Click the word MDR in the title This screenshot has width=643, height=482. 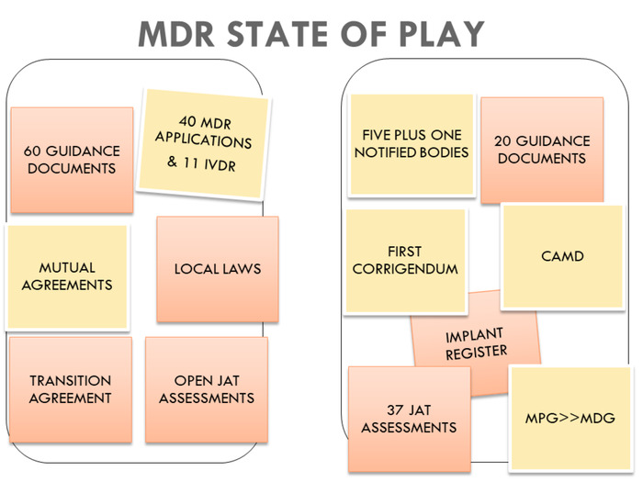click(176, 34)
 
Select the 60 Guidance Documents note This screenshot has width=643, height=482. click(72, 160)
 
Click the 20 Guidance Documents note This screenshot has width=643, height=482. click(542, 150)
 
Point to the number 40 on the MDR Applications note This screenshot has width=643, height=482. click(187, 120)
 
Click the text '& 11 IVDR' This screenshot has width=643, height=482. click(201, 163)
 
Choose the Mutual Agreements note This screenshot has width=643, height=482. click(67, 277)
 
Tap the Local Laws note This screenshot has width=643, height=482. click(218, 269)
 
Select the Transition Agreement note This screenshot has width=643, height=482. click(71, 389)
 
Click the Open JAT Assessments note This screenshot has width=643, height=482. click(207, 389)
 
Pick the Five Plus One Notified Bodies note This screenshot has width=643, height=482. click(412, 144)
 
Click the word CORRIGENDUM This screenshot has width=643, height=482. click(405, 269)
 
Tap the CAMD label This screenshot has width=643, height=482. click(562, 256)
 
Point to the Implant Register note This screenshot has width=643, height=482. click(476, 343)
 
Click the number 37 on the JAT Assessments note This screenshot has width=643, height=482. click(396, 409)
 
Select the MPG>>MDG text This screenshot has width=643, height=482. click(570, 418)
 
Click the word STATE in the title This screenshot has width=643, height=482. click(277, 34)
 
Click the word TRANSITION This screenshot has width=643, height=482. click(70, 381)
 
